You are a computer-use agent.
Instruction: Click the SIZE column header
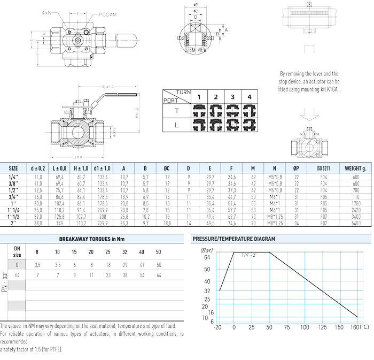[13, 167]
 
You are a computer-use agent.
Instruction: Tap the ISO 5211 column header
[322, 167]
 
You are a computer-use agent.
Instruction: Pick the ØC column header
[167, 167]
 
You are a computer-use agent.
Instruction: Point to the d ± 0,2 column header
[38, 167]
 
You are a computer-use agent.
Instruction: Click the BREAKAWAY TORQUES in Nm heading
[92, 239]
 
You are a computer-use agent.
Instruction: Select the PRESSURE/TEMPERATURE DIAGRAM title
[234, 239]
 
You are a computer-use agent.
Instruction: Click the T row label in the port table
[176, 111]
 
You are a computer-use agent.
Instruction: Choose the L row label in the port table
[176, 124]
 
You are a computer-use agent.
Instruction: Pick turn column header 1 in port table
[199, 97]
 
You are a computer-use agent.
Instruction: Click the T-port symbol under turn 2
[216, 111]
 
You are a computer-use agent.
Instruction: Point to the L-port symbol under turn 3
[232, 124]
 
